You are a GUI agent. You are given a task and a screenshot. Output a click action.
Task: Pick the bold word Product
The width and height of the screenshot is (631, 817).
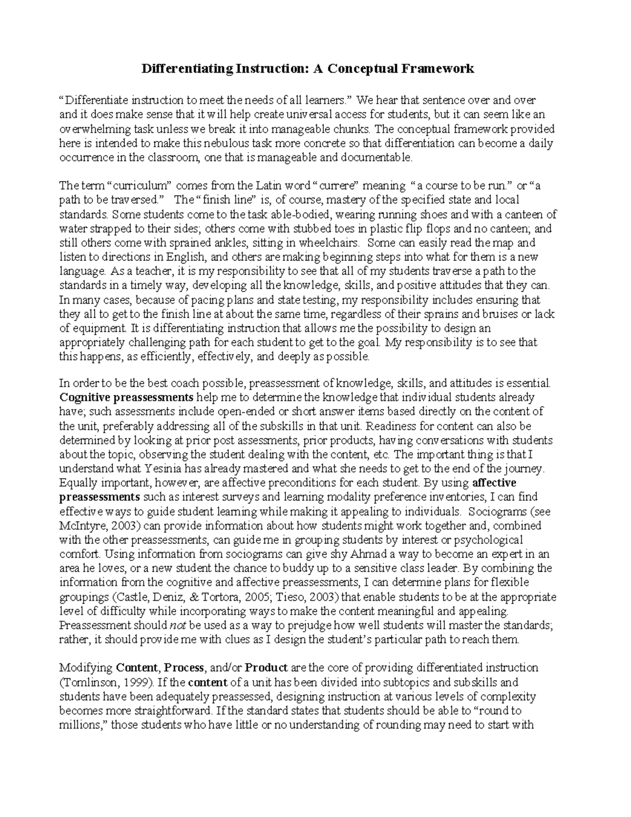pos(266,668)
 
